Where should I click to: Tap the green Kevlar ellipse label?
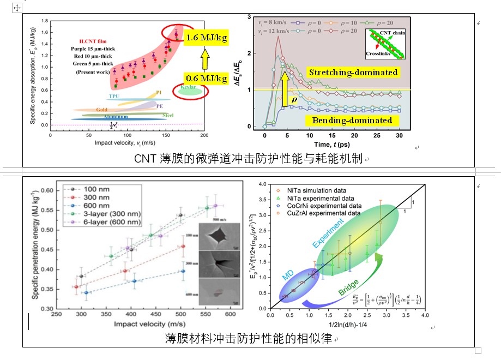click(188, 88)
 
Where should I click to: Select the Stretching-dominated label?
click(353, 73)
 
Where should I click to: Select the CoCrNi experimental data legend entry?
click(324, 206)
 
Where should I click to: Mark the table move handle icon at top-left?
click(17, 8)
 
